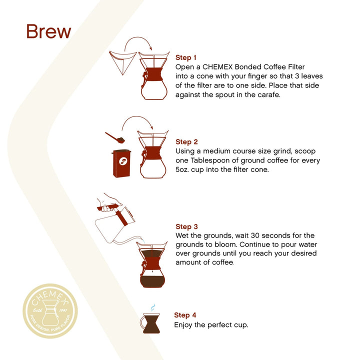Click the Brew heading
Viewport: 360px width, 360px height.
(48, 31)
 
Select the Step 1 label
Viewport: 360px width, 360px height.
(186, 57)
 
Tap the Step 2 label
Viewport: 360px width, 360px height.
(186, 142)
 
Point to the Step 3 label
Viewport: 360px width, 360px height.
(186, 226)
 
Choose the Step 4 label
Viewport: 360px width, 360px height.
(185, 315)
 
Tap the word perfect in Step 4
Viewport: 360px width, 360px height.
(220, 324)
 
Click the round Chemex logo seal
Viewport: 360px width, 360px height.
(50, 310)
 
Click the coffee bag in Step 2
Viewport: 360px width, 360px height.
(121, 163)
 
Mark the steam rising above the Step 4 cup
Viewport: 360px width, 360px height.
(153, 307)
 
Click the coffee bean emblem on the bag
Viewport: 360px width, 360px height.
(123, 161)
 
